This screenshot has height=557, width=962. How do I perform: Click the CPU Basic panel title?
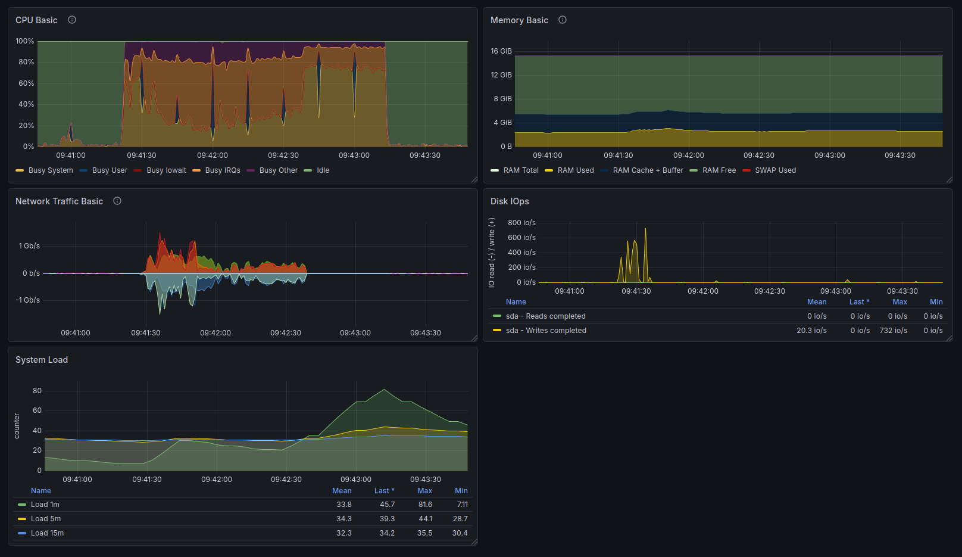[36, 20]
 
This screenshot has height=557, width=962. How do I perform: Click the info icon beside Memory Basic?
[562, 20]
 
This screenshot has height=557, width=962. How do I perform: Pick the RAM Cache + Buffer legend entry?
[642, 170]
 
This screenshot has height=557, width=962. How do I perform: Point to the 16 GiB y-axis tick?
[501, 51]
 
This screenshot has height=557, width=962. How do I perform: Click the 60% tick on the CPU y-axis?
[26, 83]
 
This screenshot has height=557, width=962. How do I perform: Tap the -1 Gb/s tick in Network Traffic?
[27, 300]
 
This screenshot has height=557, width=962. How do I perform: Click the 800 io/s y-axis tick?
[521, 223]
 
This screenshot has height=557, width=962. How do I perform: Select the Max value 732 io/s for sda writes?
[894, 331]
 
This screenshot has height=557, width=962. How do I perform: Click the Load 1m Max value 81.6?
[425, 505]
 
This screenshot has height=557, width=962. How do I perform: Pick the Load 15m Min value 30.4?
[460, 533]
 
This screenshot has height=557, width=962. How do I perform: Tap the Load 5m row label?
[45, 519]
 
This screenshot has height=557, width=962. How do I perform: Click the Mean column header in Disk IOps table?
[816, 301]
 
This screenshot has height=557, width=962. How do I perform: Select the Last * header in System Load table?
[384, 491]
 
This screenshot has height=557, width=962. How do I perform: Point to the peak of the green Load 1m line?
[384, 390]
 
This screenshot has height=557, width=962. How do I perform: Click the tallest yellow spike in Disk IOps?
[645, 229]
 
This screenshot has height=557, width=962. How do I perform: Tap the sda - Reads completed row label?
[545, 316]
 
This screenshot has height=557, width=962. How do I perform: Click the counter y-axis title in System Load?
[17, 426]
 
